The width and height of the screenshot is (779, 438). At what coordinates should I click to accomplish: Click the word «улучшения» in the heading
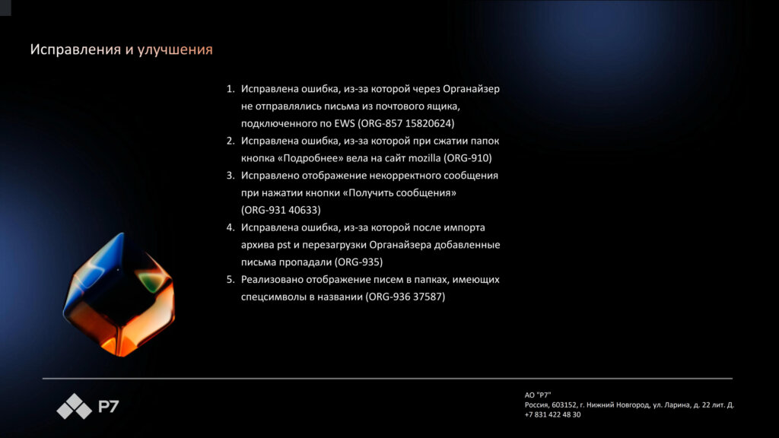pos(175,50)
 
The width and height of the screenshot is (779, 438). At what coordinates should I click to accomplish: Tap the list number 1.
pos(230,89)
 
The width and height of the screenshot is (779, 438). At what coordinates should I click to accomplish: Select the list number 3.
pos(230,175)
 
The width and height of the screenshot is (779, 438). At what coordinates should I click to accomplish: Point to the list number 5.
pos(230,280)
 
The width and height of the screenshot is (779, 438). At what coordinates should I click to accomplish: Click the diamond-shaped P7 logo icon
pos(74,407)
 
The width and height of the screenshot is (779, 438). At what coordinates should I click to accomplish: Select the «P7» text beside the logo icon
pos(108,408)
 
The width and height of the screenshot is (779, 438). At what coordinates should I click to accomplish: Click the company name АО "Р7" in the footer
pos(538,395)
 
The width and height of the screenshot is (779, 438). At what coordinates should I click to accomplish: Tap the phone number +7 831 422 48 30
pos(552,414)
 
